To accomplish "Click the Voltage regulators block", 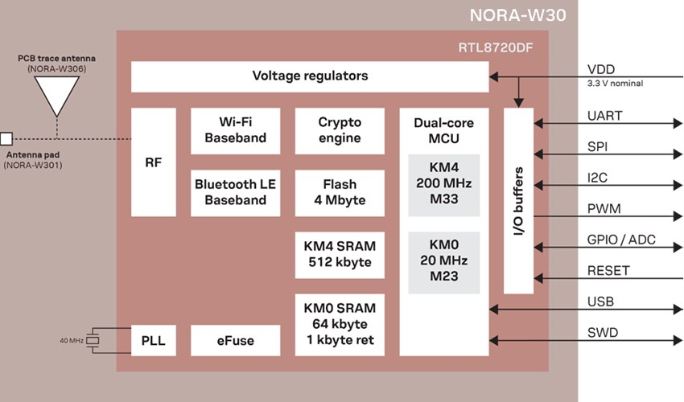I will [310, 76].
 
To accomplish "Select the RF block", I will [153, 162].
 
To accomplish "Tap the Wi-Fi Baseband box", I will [235, 131].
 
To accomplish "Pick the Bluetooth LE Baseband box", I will [235, 192].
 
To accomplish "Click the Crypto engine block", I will [340, 131].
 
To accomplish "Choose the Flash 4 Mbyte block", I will [340, 192].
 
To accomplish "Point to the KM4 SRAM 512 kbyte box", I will [340, 254].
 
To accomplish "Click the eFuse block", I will [235, 340].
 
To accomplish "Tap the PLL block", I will [153, 340].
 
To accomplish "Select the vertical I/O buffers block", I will [519, 200].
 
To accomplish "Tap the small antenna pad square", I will [6, 138].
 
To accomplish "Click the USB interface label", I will [600, 301].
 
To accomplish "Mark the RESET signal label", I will [608, 270].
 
